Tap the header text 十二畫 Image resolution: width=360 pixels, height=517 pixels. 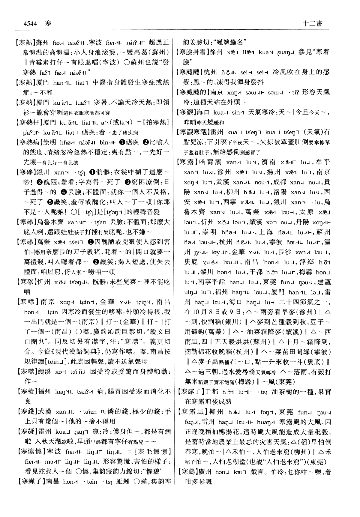[x=313, y=23]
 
